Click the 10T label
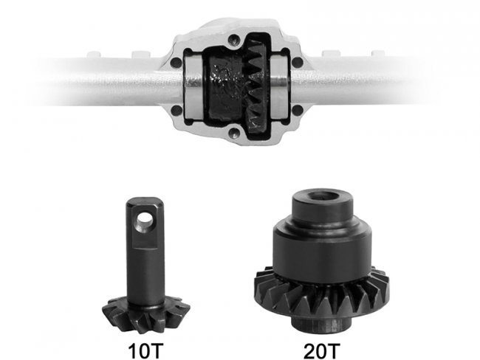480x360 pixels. pos(145,351)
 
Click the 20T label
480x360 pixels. pos(322,351)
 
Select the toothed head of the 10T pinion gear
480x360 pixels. pos(145,314)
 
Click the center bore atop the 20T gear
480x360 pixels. pos(323,196)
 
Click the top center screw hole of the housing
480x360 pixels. pos(235,39)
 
